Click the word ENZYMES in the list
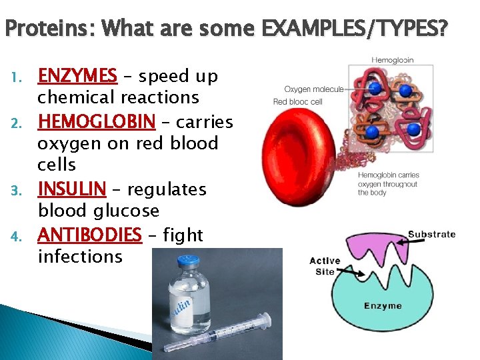(x=77, y=77)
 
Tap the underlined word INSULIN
(x=71, y=190)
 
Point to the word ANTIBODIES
(x=89, y=235)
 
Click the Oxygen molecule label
(x=314, y=89)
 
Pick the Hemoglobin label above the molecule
(x=392, y=60)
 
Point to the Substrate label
(x=431, y=235)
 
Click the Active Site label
(x=325, y=266)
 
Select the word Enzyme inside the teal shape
(x=383, y=306)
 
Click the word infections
(x=80, y=257)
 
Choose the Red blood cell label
(x=297, y=102)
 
